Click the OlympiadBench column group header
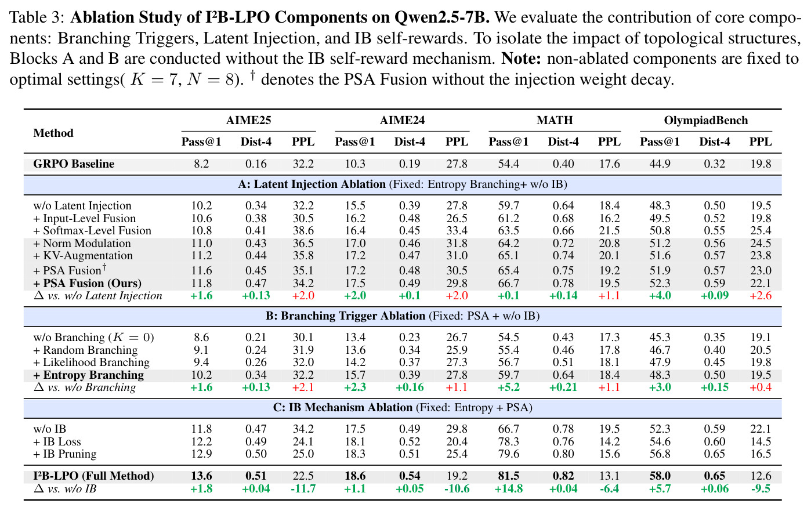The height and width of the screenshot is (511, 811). point(705,120)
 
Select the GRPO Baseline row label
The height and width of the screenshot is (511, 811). point(74,164)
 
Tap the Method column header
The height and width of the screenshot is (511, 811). point(53,133)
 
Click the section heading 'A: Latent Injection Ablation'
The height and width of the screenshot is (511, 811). point(312,184)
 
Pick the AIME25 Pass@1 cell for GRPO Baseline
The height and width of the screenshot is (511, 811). point(201,164)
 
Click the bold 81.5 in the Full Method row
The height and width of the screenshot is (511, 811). point(508,476)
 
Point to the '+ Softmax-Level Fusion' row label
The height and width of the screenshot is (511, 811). point(92,230)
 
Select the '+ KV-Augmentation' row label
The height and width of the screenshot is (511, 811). point(83,255)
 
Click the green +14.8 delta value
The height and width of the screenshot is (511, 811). point(508,489)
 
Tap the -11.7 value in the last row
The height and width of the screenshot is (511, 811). point(303,489)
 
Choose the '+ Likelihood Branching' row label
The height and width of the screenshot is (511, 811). point(91,363)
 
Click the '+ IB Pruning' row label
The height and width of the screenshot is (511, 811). point(65,454)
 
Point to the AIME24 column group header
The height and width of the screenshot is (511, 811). point(402,120)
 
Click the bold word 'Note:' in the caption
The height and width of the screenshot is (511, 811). point(521,59)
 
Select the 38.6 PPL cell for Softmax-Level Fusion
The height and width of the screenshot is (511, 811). point(303,230)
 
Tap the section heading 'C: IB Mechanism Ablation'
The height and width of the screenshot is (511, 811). point(342,408)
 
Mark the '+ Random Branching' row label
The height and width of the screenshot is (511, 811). point(85,350)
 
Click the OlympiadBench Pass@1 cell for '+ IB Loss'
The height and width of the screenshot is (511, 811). point(660,441)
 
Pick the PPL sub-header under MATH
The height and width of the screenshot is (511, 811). point(609,142)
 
